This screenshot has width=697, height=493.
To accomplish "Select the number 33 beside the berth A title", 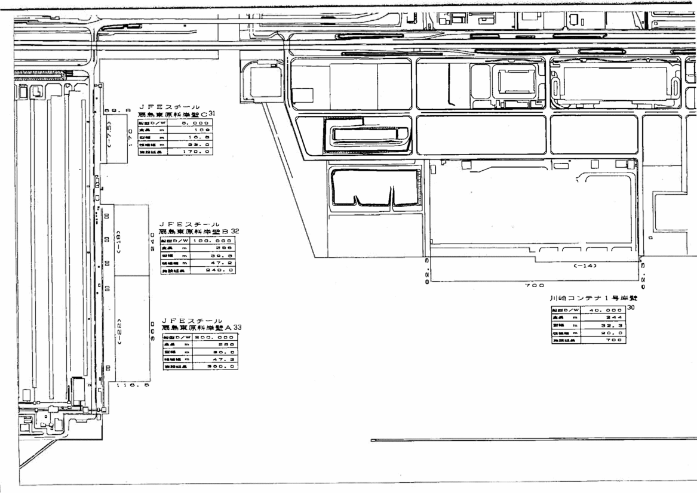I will (x=238, y=328).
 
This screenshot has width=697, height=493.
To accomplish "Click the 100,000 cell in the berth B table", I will (x=212, y=240).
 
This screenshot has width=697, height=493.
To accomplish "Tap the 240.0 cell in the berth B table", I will (x=212, y=270).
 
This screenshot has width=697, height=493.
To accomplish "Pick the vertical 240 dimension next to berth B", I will (x=152, y=241).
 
